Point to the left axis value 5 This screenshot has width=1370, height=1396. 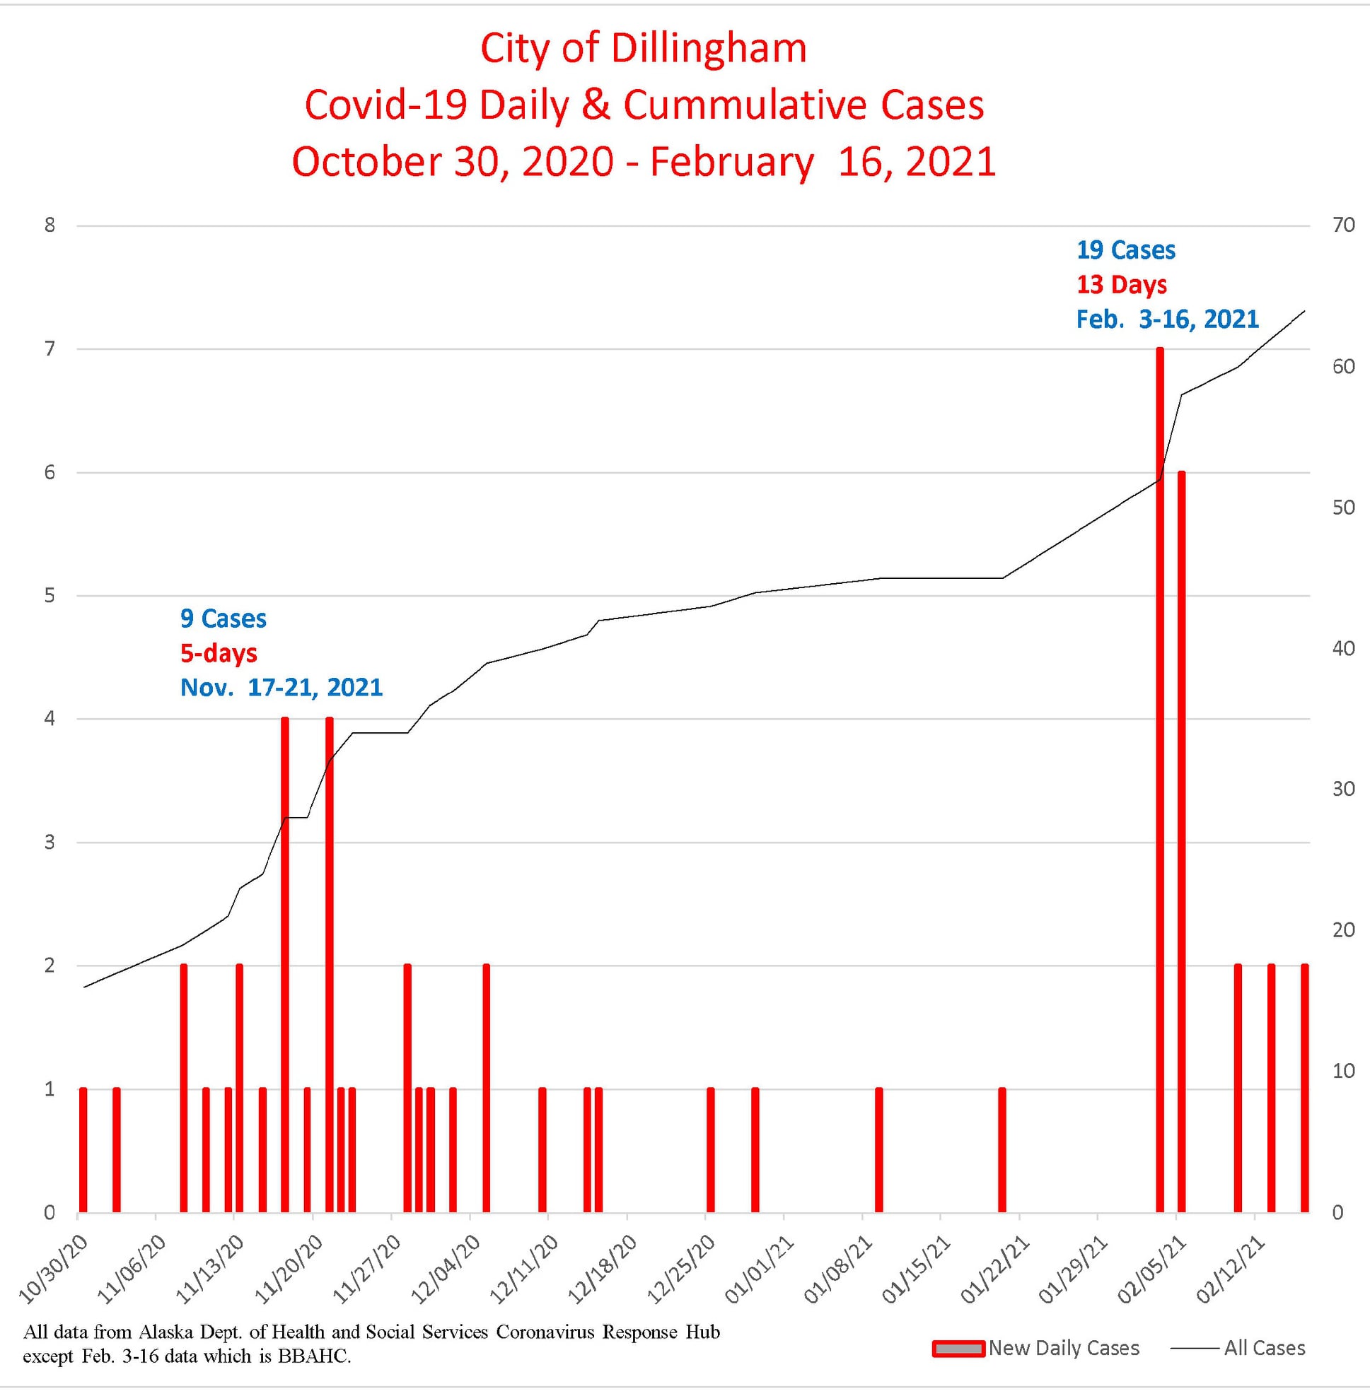(x=49, y=596)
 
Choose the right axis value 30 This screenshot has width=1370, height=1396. (x=1343, y=789)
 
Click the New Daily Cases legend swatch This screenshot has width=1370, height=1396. (x=958, y=1349)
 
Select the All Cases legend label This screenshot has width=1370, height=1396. (x=1264, y=1348)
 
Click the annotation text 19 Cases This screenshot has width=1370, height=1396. (x=1125, y=250)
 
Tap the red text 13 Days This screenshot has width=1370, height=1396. (x=1121, y=285)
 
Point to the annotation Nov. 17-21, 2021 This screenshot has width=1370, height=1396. (x=281, y=688)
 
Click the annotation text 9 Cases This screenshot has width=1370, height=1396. (x=223, y=618)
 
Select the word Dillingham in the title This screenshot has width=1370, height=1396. (x=709, y=49)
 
